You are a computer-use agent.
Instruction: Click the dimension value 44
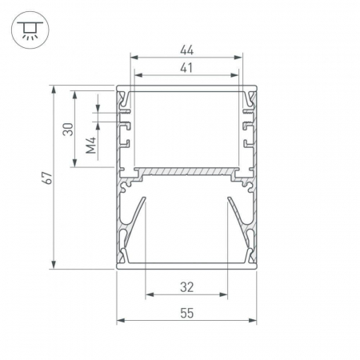[186, 50]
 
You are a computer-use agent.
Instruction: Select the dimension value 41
[186, 68]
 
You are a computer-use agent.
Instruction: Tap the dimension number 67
[47, 178]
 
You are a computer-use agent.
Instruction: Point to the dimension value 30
[68, 130]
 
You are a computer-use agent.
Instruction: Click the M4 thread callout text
[91, 146]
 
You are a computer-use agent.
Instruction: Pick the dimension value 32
[186, 287]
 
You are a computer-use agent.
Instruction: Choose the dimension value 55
[186, 313]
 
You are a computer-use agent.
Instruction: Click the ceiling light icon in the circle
[30, 30]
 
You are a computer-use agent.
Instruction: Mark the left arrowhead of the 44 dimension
[134, 58]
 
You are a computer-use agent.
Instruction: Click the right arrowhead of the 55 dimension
[252, 320]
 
